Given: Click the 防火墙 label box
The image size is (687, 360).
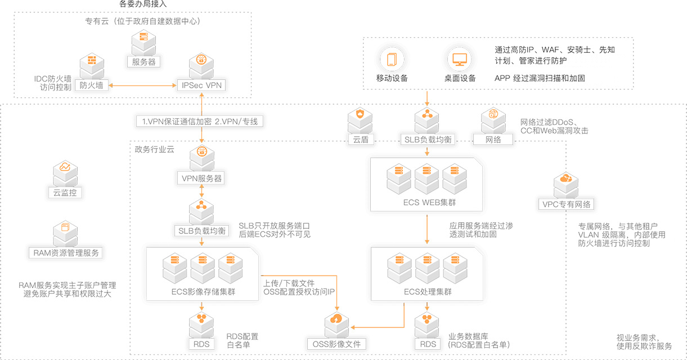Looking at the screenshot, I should click(x=91, y=85).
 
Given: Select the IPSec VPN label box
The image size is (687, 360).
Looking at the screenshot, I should click(x=202, y=85).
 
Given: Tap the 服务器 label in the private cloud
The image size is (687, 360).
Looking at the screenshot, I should click(x=144, y=62).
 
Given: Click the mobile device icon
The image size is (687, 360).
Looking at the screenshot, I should click(x=392, y=58).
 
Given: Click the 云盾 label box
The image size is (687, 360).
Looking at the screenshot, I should click(x=361, y=139).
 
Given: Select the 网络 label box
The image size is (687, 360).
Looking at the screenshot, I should click(x=493, y=139).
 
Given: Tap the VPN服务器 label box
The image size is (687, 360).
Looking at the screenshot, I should click(x=201, y=179).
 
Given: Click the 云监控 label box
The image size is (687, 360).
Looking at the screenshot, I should click(x=65, y=192).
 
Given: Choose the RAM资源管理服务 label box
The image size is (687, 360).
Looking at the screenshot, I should click(x=65, y=253).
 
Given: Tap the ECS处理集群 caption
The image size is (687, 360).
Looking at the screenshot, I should click(x=428, y=292).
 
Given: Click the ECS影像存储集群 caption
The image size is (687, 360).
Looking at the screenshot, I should click(x=202, y=292).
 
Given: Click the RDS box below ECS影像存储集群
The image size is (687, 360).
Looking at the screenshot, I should click(x=201, y=344).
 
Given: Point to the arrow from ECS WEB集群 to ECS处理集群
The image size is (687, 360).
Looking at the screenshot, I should click(x=428, y=229).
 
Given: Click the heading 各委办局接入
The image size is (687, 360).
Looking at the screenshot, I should click(x=143, y=4).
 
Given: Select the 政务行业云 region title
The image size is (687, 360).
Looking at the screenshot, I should click(x=155, y=150).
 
